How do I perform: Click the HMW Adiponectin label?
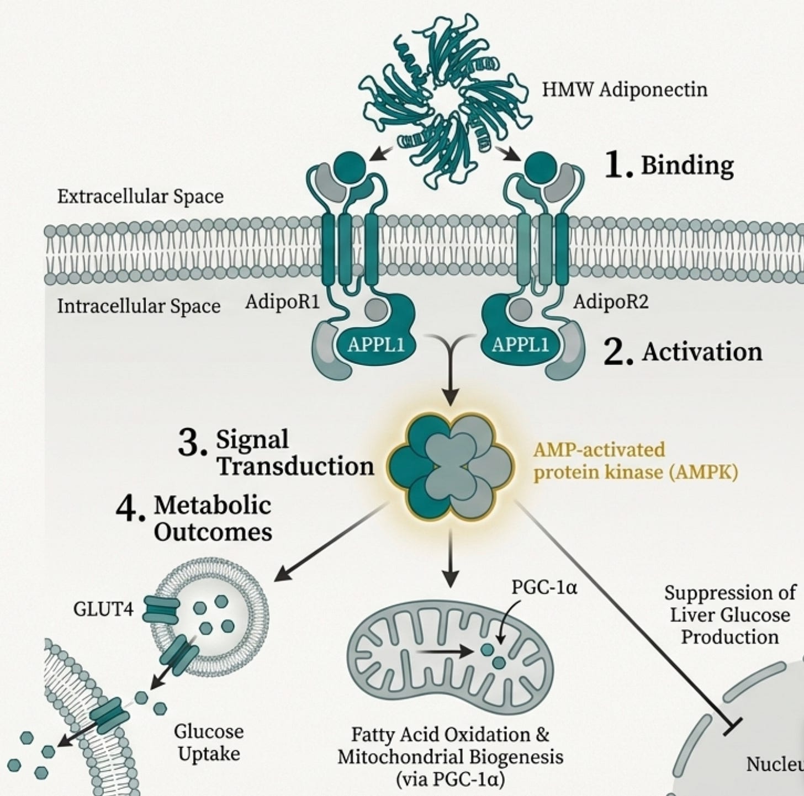coord(624,89)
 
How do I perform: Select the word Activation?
coord(701,352)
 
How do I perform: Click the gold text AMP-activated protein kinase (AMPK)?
coord(635,461)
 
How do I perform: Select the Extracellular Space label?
coord(140,197)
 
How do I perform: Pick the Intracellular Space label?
coord(139,306)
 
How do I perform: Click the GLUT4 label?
coord(103,610)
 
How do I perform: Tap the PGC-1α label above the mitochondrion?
coord(544,587)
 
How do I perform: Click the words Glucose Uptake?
coord(209,742)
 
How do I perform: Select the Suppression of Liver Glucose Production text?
coord(729,615)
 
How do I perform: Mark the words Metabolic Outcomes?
coord(213,518)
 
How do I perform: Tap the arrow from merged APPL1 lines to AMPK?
coord(451,381)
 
